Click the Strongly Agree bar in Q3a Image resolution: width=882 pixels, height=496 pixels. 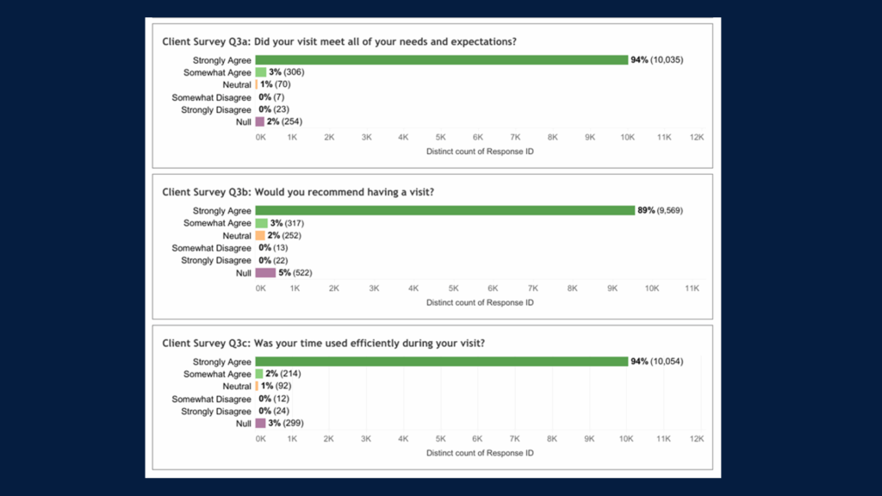coord(441,60)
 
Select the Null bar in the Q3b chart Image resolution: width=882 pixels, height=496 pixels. coord(265,273)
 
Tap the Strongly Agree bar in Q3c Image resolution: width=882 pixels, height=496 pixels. coord(441,362)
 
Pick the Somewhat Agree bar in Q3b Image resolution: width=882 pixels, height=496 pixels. coord(261,223)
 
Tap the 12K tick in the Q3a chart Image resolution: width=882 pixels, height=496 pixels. coord(696,138)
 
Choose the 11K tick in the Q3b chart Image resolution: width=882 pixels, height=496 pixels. coord(692,288)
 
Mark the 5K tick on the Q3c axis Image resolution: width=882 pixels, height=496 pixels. coord(440,439)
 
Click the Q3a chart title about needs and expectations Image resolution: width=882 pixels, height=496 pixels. coord(345,41)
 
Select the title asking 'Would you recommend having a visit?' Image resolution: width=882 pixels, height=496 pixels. coord(298,192)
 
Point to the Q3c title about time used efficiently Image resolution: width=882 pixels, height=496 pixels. coord(324,343)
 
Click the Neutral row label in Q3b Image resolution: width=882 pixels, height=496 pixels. coord(237,236)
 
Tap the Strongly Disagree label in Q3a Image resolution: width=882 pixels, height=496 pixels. coord(216,110)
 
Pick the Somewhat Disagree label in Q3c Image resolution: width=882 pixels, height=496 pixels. coord(212,400)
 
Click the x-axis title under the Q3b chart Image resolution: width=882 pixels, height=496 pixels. coord(480,302)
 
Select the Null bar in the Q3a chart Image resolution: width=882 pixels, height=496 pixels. coord(259,122)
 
